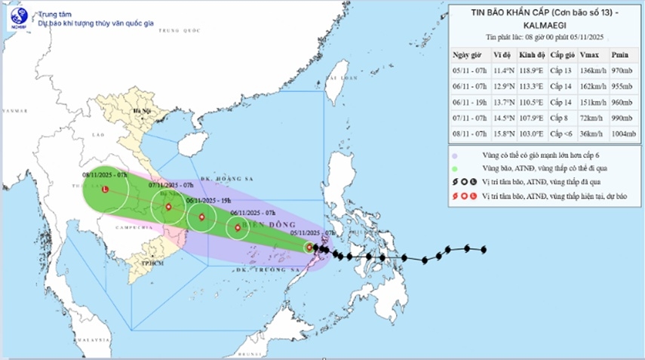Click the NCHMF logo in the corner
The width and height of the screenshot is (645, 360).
click(17, 17)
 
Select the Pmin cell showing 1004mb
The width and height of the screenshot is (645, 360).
click(619, 134)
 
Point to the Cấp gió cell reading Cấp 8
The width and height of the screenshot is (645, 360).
click(561, 118)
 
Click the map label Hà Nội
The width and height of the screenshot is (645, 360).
click(141, 112)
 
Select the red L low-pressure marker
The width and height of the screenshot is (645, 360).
click(106, 189)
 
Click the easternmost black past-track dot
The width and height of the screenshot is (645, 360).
click(483, 250)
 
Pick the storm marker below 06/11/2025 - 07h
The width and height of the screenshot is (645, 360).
click(238, 227)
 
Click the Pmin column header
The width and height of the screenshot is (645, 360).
click(619, 55)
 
